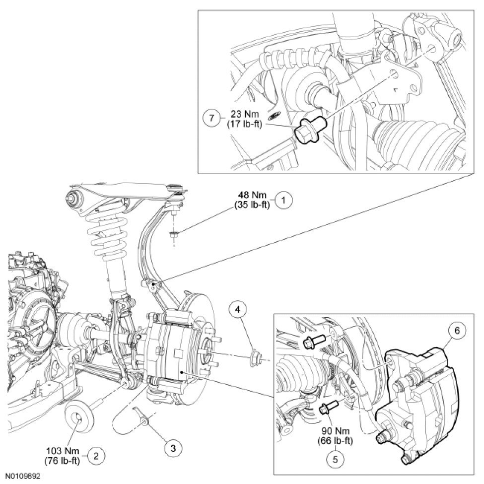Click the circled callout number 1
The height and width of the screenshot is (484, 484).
pyautogui.click(x=283, y=201)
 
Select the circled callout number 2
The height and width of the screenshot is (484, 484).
pyautogui.click(x=95, y=455)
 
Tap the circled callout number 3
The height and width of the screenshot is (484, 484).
pyautogui.click(x=173, y=448)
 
